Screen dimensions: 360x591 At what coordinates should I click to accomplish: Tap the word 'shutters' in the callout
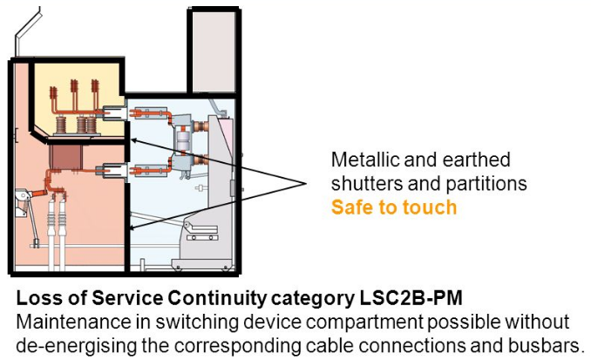click(365, 184)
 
